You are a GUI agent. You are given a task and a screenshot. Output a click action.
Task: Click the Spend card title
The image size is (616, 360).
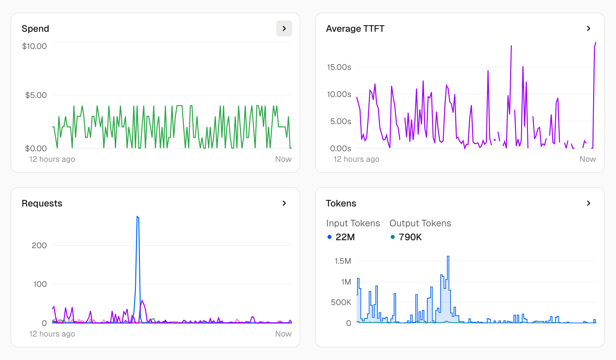pos(35,29)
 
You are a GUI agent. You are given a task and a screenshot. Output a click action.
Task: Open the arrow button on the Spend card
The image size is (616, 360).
pos(284,28)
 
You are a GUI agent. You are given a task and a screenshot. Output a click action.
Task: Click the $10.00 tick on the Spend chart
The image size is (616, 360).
pos(34,46)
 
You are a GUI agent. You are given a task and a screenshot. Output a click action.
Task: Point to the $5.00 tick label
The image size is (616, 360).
pos(36,95)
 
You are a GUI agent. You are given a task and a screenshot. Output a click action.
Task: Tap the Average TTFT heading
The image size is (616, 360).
pos(355,29)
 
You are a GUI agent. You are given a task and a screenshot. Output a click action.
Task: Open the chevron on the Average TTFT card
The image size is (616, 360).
pos(588,28)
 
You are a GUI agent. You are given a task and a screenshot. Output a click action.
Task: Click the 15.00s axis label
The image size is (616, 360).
pos(339,67)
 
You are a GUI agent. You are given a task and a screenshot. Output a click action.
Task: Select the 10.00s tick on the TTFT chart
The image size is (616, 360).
pos(339,94)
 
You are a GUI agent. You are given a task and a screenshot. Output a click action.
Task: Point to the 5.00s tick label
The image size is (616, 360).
pos(340,121)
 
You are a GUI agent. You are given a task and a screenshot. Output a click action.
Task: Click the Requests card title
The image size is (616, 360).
pos(42,203)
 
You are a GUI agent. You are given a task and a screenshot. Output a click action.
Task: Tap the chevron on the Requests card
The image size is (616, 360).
pos(284,203)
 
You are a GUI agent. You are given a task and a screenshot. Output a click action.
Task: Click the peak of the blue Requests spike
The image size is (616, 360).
pos(138,217)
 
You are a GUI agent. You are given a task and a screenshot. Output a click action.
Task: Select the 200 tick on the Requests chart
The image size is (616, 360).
pos(39,246)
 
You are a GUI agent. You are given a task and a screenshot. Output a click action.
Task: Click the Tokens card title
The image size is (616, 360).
pos(341,203)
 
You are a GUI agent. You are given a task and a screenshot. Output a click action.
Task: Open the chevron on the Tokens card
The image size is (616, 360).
pos(588,203)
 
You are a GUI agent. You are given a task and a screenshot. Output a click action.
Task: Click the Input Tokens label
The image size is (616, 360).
pos(353,223)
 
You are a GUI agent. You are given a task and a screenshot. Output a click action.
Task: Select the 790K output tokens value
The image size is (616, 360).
pos(410,237)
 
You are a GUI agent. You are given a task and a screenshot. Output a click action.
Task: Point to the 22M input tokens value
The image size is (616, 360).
pos(345,237)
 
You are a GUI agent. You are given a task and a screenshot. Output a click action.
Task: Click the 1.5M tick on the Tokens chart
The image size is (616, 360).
pos(343,261)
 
